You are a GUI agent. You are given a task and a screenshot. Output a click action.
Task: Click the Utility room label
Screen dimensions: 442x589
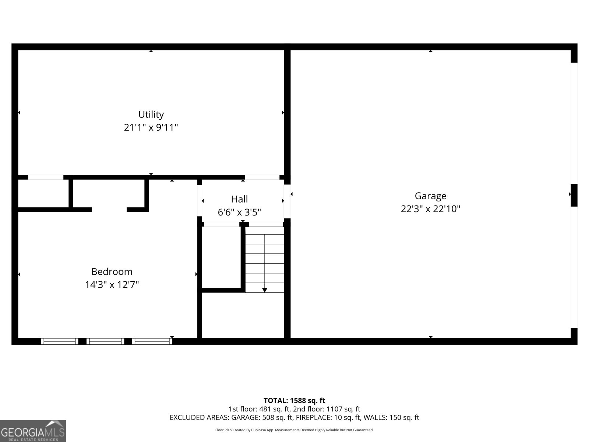(x=151, y=114)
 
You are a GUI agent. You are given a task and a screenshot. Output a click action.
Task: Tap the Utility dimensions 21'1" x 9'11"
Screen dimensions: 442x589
(x=151, y=127)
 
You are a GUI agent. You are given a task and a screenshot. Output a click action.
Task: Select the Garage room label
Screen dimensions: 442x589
(x=430, y=196)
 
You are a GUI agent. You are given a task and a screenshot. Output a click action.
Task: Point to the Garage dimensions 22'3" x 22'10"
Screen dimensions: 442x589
(x=430, y=209)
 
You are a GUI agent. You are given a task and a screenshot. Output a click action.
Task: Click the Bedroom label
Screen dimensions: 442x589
(x=112, y=271)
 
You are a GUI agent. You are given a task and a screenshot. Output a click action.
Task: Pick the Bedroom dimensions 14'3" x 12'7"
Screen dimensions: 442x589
(x=112, y=285)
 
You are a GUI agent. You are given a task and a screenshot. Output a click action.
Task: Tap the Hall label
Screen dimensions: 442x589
(x=239, y=199)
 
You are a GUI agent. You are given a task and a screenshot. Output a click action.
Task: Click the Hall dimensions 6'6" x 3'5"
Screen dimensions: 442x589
(x=239, y=213)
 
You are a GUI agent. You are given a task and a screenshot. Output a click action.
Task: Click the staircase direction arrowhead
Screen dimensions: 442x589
(x=265, y=290)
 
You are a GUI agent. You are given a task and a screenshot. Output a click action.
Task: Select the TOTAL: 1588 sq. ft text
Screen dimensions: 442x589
(x=294, y=400)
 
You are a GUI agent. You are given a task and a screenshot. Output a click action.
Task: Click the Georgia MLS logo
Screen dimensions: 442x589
(x=33, y=431)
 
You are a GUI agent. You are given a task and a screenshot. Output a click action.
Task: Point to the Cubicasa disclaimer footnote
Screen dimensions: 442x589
(x=294, y=430)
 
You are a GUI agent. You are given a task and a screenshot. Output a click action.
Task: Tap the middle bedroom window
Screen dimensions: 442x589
(x=105, y=341)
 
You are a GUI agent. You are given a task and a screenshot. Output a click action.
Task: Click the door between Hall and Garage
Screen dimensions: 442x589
(x=287, y=201)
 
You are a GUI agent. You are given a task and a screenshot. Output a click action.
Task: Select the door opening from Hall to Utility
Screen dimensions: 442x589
(x=262, y=178)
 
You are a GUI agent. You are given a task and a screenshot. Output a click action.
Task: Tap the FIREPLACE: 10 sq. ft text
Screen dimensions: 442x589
(x=329, y=417)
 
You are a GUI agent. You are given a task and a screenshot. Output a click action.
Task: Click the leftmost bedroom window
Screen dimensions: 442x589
(x=59, y=341)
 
